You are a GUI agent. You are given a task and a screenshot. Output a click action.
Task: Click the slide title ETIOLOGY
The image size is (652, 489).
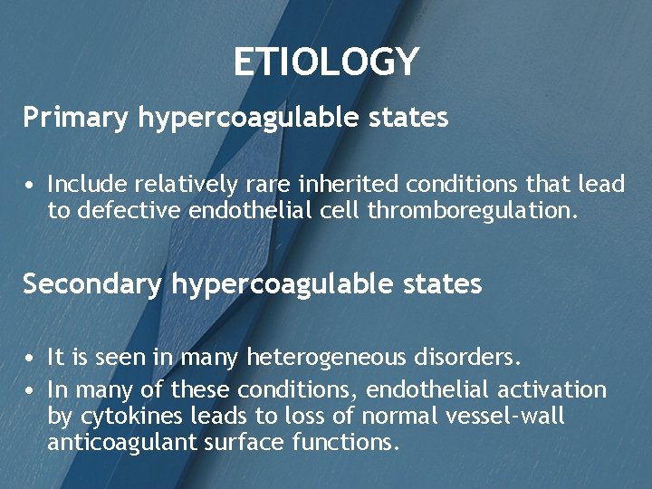tap(326, 62)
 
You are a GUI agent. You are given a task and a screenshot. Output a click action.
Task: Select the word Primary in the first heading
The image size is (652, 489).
tap(77, 118)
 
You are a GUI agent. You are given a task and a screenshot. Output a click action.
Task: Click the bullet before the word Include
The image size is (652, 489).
tap(31, 186)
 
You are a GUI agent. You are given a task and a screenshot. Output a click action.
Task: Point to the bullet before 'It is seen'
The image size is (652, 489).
tap(31, 359)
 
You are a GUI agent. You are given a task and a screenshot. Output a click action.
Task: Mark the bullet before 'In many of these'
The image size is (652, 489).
tap(31, 391)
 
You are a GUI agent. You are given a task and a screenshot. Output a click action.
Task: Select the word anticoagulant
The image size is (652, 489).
tap(113, 443)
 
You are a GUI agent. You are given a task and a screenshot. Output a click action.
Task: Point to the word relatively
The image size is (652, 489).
tap(186, 185)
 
